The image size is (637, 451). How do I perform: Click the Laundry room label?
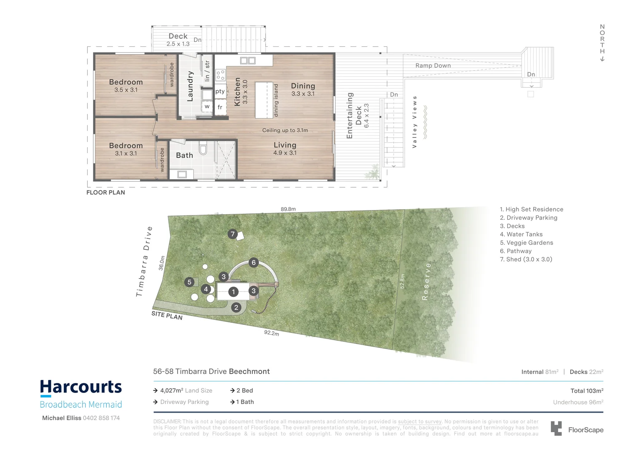[x=190, y=86]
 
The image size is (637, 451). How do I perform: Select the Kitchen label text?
[x=238, y=91]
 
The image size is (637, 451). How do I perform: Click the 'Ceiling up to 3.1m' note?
[x=285, y=130]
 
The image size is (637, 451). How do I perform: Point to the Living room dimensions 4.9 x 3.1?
[x=285, y=153]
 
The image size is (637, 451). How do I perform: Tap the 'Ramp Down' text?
[x=433, y=66]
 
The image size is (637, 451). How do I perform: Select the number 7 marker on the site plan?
[x=233, y=234]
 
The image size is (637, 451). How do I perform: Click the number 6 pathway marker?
[x=253, y=263]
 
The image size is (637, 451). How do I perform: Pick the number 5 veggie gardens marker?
[x=189, y=282]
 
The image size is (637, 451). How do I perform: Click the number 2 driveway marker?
[x=236, y=307]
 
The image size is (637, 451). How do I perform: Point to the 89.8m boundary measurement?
[x=288, y=209]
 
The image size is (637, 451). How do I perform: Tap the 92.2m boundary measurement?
[x=271, y=333]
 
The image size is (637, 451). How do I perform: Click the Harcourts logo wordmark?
[x=81, y=388]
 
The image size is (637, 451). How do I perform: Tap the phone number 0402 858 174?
[x=101, y=418]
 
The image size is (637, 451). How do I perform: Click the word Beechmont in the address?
[x=249, y=372]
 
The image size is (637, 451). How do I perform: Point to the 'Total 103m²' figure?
[x=587, y=391]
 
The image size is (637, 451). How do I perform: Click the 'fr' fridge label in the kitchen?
[x=220, y=107]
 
